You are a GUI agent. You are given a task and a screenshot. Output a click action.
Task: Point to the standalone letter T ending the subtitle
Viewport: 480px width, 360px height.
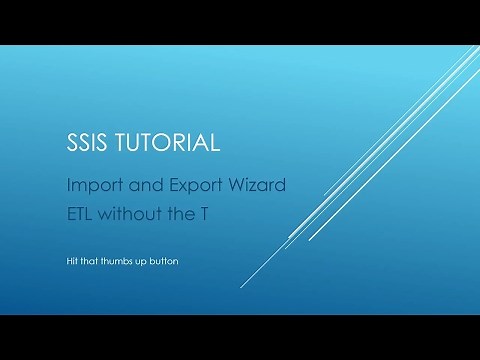pyautogui.click(x=207, y=211)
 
